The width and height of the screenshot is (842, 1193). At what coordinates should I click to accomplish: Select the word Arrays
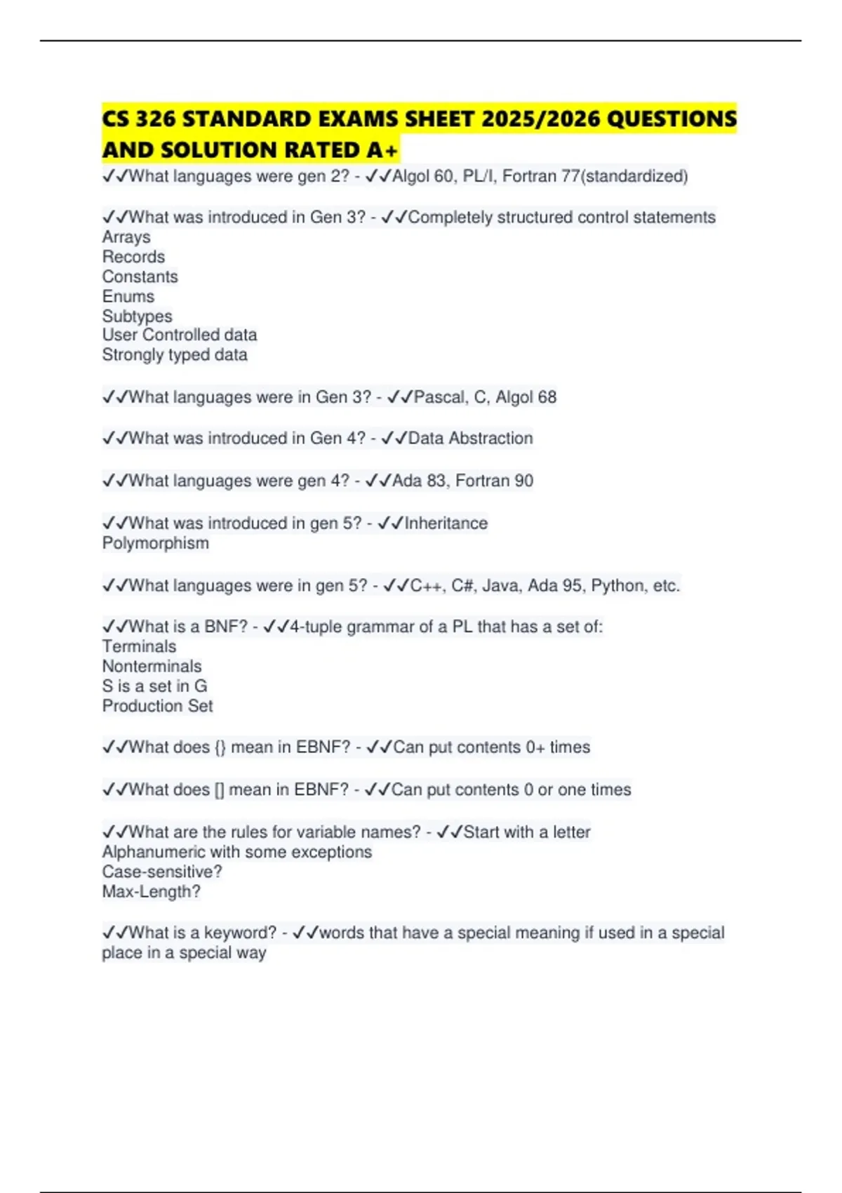[126, 237]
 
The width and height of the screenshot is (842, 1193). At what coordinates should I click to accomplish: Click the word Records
[133, 257]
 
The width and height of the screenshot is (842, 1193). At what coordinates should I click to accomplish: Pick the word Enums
[128, 296]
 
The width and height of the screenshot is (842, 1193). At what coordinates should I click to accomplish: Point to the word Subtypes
[137, 316]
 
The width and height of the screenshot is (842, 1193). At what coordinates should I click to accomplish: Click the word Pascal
[439, 397]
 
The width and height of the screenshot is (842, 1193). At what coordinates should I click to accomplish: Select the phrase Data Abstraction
[470, 438]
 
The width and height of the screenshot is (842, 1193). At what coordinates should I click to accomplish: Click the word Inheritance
[446, 523]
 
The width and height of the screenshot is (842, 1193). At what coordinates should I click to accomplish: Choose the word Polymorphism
[155, 543]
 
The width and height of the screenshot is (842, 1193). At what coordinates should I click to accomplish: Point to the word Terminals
[139, 646]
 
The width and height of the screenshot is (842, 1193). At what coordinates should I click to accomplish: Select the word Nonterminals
[152, 666]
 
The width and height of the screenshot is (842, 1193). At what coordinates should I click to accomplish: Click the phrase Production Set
[157, 706]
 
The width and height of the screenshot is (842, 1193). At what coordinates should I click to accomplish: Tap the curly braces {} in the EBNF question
[220, 747]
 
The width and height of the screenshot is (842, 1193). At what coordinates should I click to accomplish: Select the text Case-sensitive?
[161, 872]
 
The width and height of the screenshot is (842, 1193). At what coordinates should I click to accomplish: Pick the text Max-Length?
[151, 891]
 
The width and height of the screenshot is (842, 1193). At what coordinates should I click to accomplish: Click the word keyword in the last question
[240, 933]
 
